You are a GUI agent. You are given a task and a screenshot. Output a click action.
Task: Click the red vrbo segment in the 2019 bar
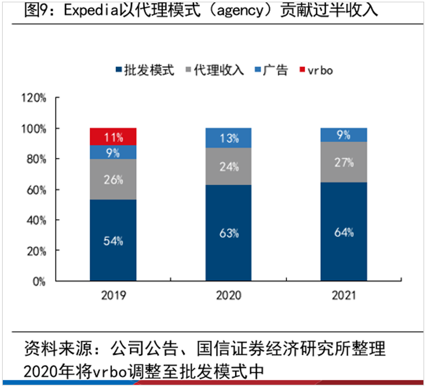(x=113, y=136)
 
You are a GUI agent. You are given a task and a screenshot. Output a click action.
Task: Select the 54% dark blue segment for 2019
(x=113, y=240)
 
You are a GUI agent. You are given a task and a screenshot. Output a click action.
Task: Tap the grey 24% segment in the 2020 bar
(x=228, y=166)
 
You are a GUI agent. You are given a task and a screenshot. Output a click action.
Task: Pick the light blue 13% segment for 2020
(x=228, y=138)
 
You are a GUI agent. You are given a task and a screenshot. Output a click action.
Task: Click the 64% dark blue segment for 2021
(x=344, y=232)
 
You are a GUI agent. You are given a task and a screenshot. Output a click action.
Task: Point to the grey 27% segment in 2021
(x=344, y=162)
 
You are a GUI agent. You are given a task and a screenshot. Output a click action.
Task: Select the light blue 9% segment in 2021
(x=344, y=135)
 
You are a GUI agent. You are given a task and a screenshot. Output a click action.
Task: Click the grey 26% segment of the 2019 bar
(x=113, y=180)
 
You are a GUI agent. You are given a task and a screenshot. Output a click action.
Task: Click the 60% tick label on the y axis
(x=35, y=190)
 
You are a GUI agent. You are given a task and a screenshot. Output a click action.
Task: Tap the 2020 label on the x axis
(x=228, y=296)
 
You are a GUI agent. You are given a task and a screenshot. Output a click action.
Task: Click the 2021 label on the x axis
(x=344, y=296)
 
